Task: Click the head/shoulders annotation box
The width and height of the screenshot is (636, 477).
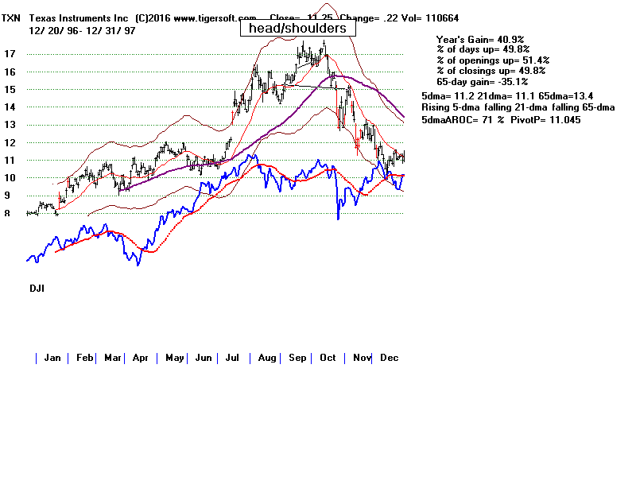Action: pyautogui.click(x=296, y=28)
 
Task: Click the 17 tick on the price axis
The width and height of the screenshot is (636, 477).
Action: pyautogui.click(x=10, y=54)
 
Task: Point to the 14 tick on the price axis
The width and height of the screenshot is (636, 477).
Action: pyautogui.click(x=10, y=107)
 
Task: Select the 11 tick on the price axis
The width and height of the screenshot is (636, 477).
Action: pyautogui.click(x=10, y=160)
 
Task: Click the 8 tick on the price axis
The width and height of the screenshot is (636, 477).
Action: pyautogui.click(x=7, y=213)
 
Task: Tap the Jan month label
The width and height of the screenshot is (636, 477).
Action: pyautogui.click(x=52, y=358)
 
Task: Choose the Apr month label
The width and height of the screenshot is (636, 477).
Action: pyautogui.click(x=141, y=358)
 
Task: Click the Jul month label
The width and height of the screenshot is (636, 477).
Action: pyautogui.click(x=233, y=358)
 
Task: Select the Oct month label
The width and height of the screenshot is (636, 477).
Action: pyautogui.click(x=328, y=358)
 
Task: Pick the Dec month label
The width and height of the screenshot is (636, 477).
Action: pyautogui.click(x=389, y=358)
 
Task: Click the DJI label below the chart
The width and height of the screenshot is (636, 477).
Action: pyautogui.click(x=35, y=289)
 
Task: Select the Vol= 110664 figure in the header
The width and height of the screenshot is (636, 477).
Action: pyautogui.click(x=430, y=17)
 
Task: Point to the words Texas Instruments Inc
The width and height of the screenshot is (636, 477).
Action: pyautogui.click(x=79, y=17)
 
